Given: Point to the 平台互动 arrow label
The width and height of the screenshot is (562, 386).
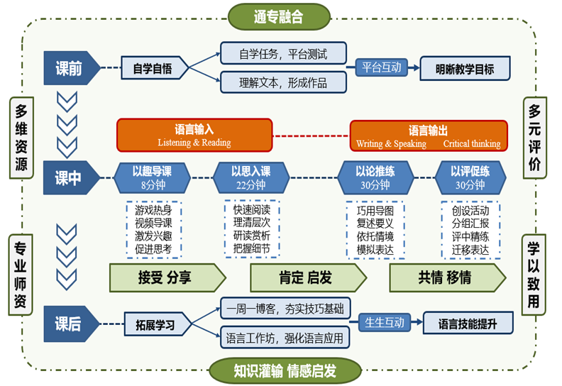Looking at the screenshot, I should [382, 68].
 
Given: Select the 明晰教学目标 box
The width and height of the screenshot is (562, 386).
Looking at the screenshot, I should [465, 70].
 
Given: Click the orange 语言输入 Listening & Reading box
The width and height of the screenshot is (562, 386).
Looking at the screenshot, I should [194, 136].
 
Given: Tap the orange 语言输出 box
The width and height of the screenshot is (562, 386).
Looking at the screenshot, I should [429, 136].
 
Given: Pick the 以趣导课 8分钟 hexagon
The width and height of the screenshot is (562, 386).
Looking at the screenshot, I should [152, 178].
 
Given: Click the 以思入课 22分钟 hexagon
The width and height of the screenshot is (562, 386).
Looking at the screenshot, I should [250, 178].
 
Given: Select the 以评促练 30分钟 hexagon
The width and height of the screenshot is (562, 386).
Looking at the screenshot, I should [469, 178].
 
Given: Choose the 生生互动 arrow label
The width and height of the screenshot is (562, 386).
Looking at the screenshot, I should [385, 322].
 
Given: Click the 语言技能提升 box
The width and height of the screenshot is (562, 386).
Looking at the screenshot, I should [467, 324].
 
